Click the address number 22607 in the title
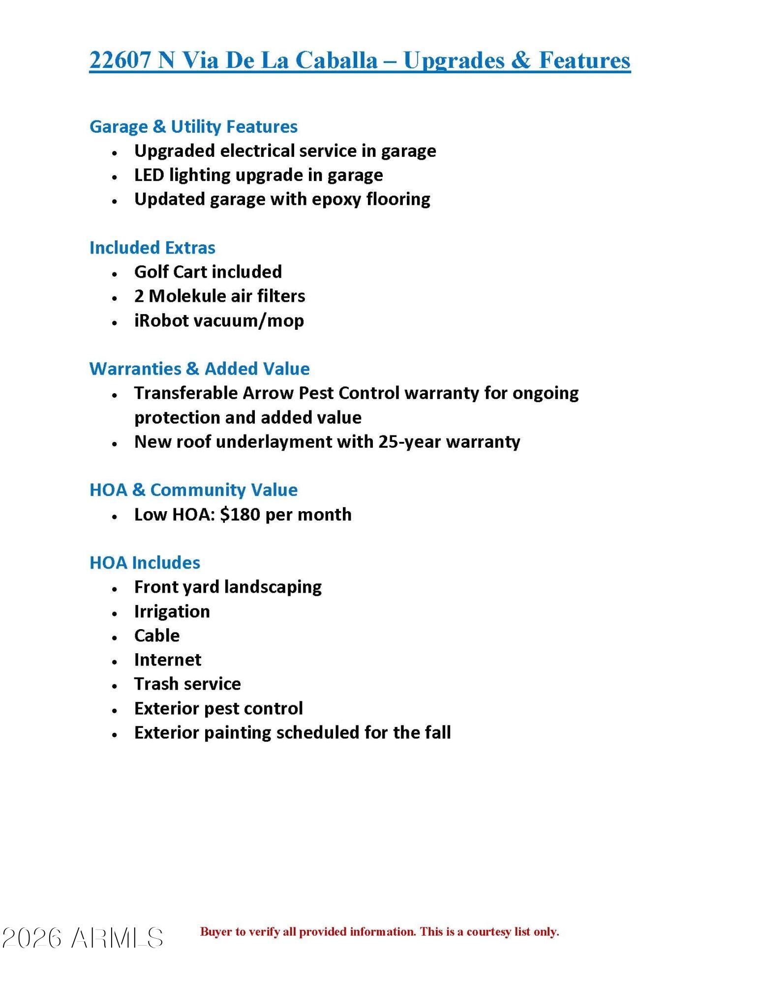[x=120, y=60]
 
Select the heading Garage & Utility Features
[x=193, y=126]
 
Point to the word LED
[x=149, y=175]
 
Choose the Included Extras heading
[x=152, y=247]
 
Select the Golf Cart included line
[x=208, y=272]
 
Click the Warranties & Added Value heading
[x=199, y=369]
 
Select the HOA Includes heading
[x=145, y=562]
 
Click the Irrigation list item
[x=172, y=611]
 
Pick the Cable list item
[x=157, y=636]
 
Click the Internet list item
[x=168, y=660]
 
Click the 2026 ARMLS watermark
[x=83, y=938]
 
